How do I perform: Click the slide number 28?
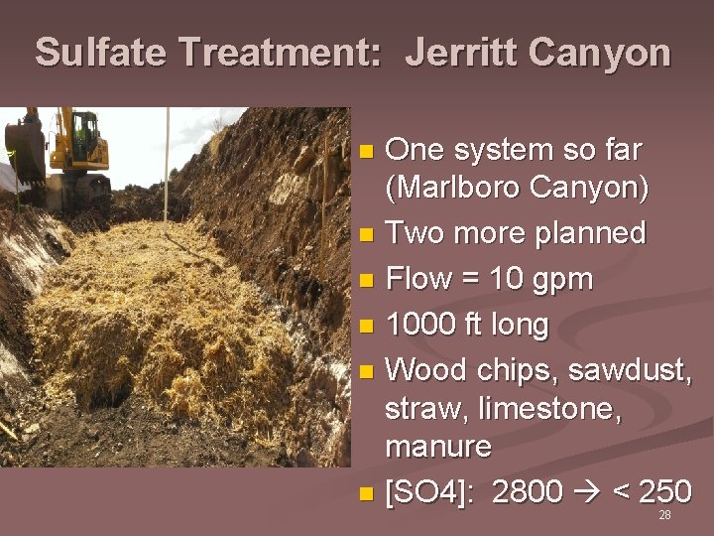point(664,516)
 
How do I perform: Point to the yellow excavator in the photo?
point(69,149)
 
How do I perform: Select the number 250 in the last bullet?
point(663,490)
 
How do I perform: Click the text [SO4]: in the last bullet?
point(432,491)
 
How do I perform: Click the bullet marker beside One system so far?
point(366,152)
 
